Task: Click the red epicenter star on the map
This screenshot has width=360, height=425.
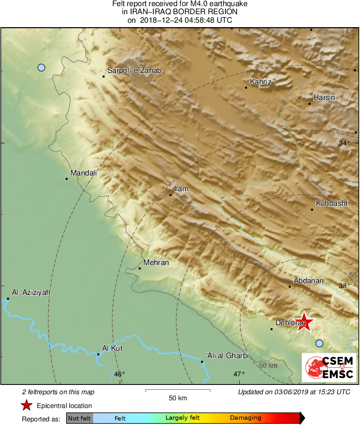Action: point(304,322)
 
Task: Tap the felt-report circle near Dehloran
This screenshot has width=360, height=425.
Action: point(320,344)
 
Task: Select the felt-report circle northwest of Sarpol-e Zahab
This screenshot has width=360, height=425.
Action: point(41,68)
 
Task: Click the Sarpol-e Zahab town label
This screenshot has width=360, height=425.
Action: point(134,71)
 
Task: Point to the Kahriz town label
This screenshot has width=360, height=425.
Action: point(260,82)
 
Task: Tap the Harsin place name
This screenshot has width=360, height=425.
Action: point(324,98)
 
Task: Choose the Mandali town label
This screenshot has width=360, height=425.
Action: point(84,173)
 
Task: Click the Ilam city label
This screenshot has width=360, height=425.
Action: point(181,189)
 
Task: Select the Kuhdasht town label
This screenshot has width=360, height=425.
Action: point(332,203)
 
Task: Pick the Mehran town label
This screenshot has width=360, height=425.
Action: point(156,263)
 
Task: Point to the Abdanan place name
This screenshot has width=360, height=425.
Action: point(309,281)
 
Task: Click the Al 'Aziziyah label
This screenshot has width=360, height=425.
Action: point(31,292)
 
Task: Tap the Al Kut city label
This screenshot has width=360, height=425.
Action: point(112,348)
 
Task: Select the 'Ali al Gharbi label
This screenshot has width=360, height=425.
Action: point(227,356)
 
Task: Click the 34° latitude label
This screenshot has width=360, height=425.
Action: point(344,143)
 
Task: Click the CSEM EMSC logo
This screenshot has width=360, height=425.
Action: point(329,367)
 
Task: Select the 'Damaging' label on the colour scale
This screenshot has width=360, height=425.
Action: point(245,418)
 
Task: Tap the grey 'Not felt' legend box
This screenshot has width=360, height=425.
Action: point(79,418)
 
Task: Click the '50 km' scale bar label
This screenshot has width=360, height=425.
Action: point(178,398)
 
